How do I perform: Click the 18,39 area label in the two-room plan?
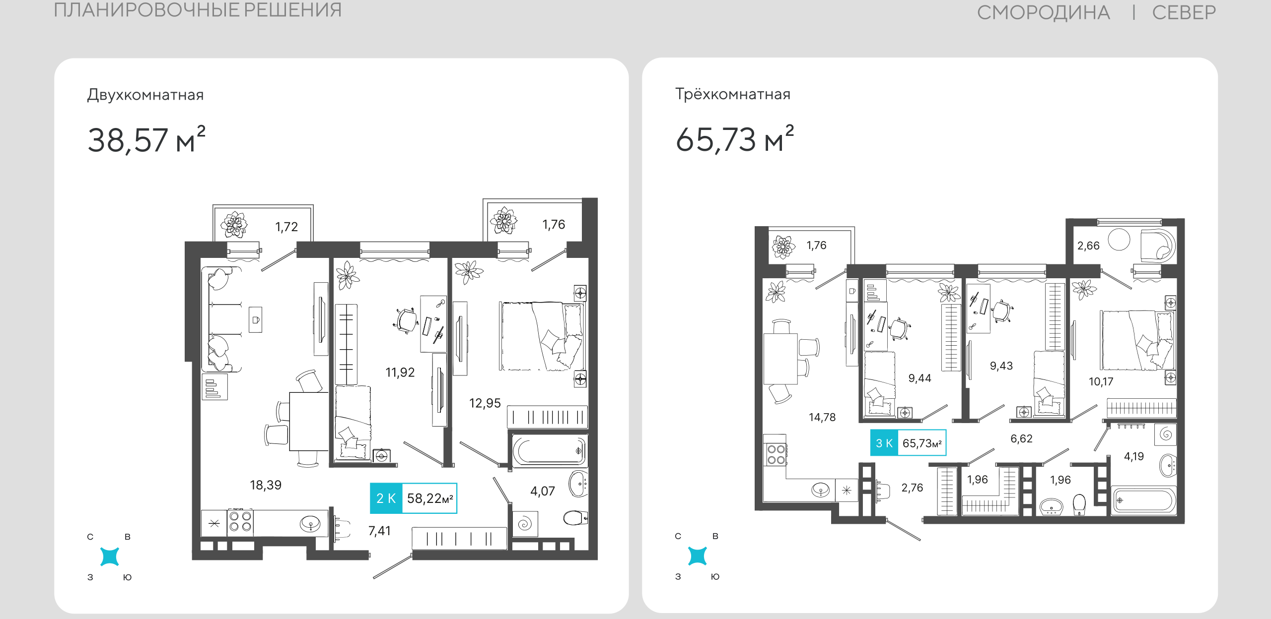266,485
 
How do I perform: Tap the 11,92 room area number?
400,372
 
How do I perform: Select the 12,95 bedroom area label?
485,403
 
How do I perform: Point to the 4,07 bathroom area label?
543,491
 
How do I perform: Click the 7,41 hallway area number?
379,531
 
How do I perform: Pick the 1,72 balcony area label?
286,227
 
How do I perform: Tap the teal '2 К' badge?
386,498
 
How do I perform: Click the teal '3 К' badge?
884,443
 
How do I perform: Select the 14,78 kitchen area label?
822,418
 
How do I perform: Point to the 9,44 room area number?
919,378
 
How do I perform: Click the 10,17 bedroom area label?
1101,382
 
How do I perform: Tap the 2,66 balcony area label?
1088,246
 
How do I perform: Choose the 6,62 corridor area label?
1021,438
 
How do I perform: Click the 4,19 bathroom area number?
1134,456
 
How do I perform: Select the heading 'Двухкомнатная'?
145,95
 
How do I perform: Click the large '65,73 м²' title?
735,139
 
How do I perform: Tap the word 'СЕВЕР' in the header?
1184,12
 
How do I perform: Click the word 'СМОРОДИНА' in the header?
1043,13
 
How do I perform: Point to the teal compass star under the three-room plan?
697,556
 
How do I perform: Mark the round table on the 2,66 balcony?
1119,240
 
